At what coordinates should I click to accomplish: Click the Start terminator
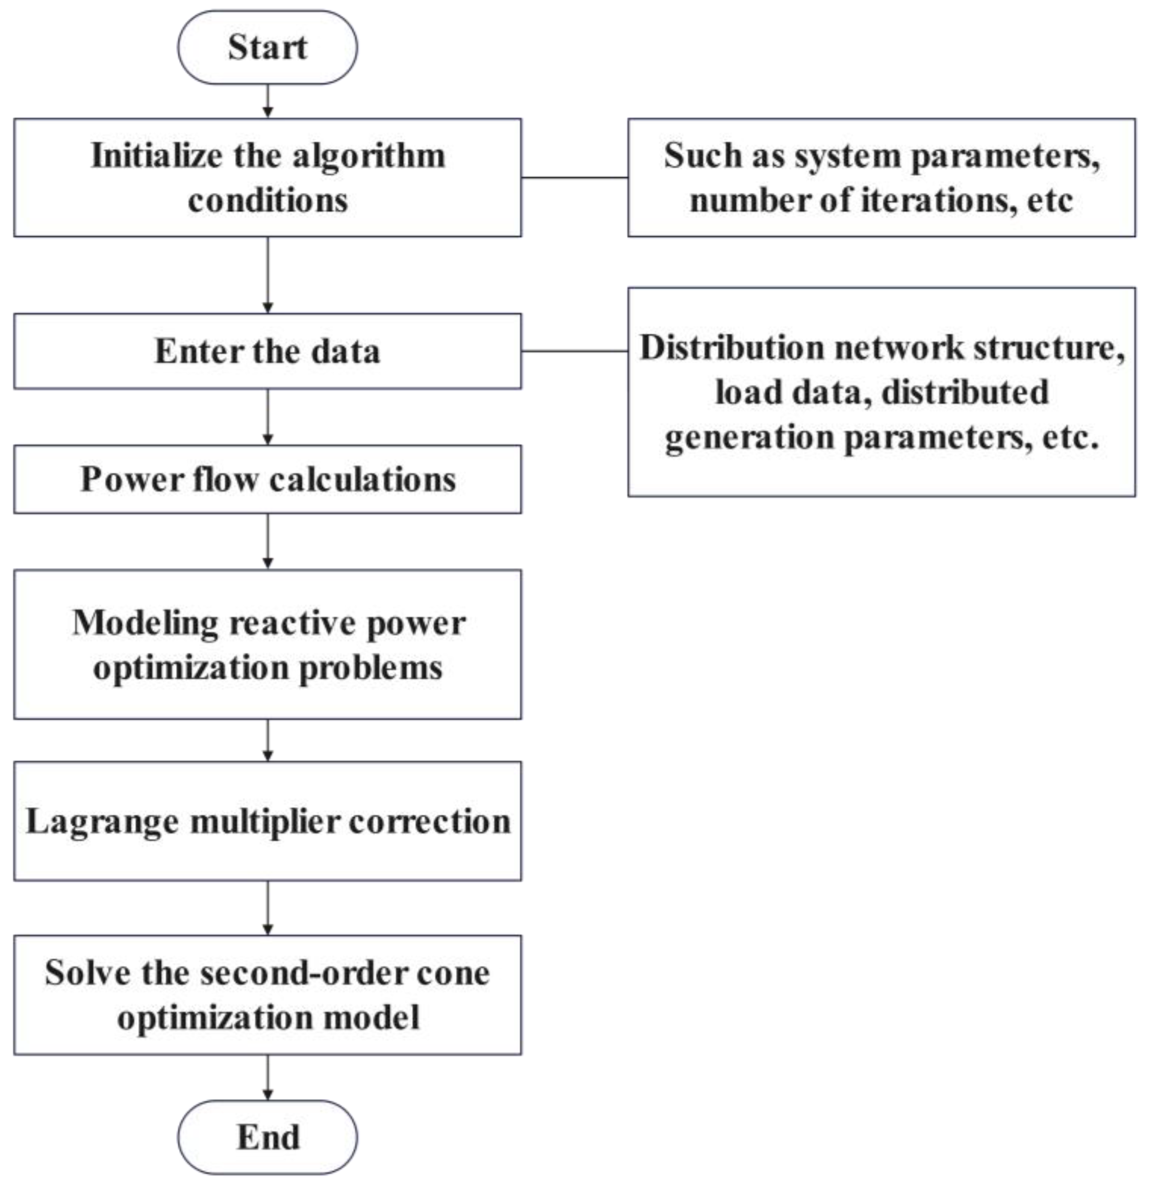point(267,47)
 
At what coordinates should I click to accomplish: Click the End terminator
point(267,1137)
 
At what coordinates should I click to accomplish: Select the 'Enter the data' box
point(267,351)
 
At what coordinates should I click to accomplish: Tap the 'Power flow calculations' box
point(267,479)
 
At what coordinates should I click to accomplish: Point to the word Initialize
point(156,156)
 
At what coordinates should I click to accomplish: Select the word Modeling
point(145,623)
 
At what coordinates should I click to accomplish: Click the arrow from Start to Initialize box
point(268,100)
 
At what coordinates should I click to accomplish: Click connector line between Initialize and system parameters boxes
point(574,177)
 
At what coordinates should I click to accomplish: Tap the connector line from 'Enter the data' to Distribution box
point(574,350)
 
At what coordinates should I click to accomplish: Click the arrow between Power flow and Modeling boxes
point(268,541)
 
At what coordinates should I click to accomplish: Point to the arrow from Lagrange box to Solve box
point(268,908)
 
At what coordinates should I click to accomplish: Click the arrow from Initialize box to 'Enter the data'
point(268,275)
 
